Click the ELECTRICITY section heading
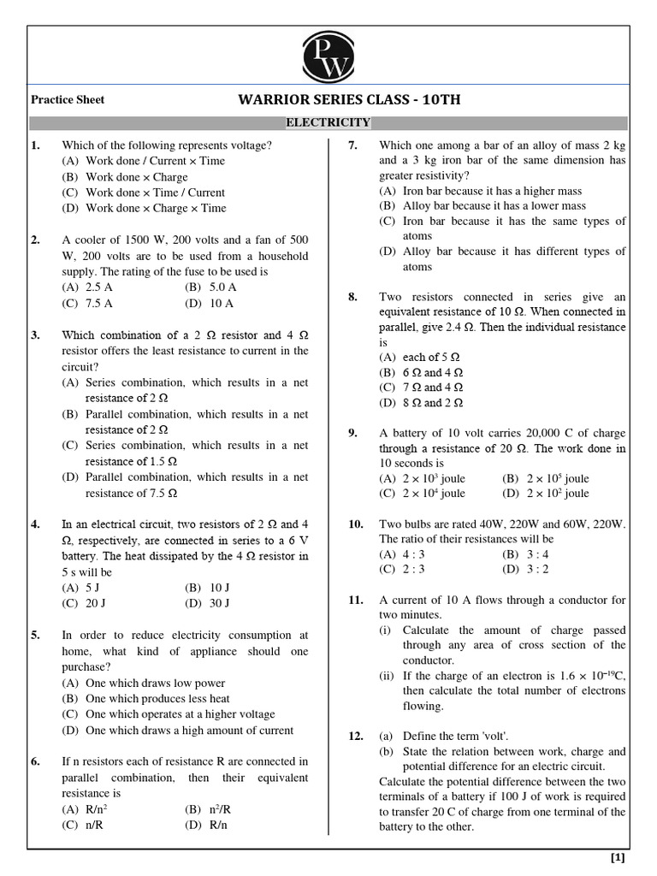click(328, 123)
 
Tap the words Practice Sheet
click(68, 100)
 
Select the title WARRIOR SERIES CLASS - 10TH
click(349, 100)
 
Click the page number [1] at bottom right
click(617, 857)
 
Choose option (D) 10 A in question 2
click(209, 304)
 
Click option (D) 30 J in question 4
click(207, 603)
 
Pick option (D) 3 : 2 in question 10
click(526, 569)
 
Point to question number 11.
click(356, 600)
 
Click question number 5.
click(35, 636)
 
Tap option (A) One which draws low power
click(143, 683)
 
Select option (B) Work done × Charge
click(125, 177)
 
